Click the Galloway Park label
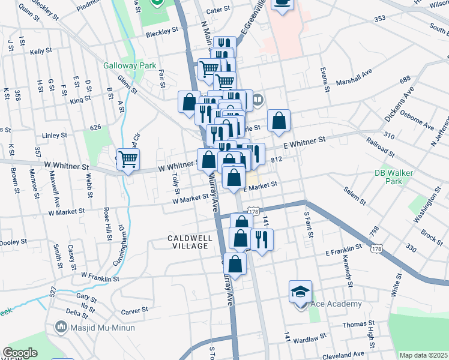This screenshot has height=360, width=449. pyautogui.click(x=130, y=65)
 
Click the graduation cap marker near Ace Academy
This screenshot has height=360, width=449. pyautogui.click(x=300, y=291)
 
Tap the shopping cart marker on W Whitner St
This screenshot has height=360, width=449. pyautogui.click(x=127, y=159)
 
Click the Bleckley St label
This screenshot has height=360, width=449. pyautogui.click(x=162, y=29)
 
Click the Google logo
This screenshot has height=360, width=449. pyautogui.click(x=20, y=353)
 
